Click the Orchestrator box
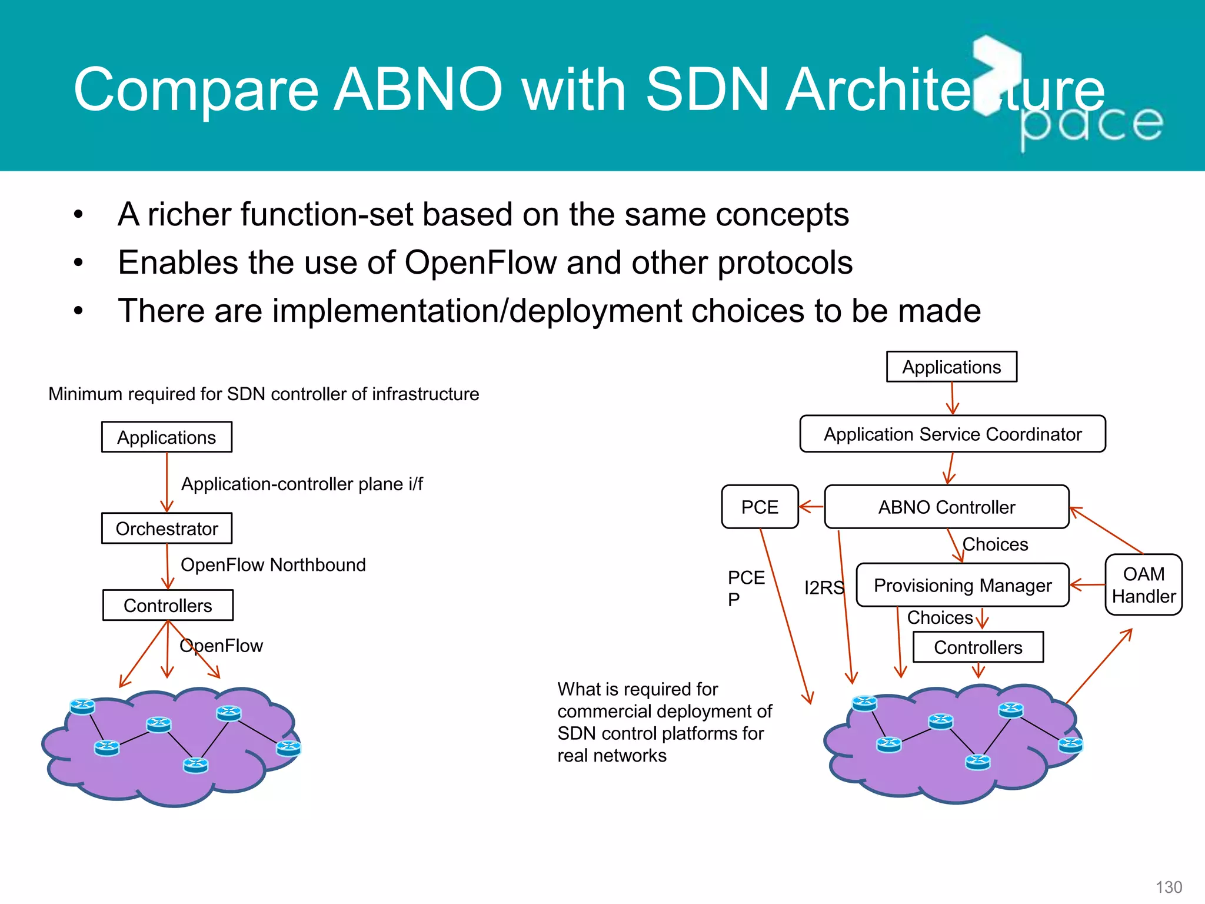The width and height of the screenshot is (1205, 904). coord(167,529)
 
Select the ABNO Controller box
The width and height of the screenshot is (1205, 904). coord(946,507)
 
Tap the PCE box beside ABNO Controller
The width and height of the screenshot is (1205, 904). coord(760,507)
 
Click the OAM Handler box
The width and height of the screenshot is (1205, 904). coord(1143,585)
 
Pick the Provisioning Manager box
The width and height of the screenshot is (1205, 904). coord(962,585)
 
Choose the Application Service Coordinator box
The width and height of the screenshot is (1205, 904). coord(952,434)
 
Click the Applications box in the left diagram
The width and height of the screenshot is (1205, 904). coord(167,437)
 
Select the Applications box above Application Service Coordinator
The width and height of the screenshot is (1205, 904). coord(951,367)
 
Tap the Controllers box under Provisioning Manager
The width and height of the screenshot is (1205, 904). coord(978,647)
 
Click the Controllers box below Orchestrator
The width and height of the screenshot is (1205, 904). coord(168,606)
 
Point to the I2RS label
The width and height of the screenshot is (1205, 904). coord(824,587)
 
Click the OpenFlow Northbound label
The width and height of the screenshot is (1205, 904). coord(273,565)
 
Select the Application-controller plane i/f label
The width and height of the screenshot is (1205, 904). coord(302,484)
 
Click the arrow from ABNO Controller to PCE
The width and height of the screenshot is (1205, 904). coord(812,506)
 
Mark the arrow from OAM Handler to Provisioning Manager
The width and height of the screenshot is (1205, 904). coord(1087,585)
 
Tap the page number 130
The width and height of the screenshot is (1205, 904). coord(1169,887)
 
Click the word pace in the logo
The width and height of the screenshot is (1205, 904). coord(1091,125)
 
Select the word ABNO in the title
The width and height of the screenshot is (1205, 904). coord(418,89)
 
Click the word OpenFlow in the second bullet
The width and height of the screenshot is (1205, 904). coord(480,262)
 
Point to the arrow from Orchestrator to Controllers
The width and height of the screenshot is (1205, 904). coord(168,566)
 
